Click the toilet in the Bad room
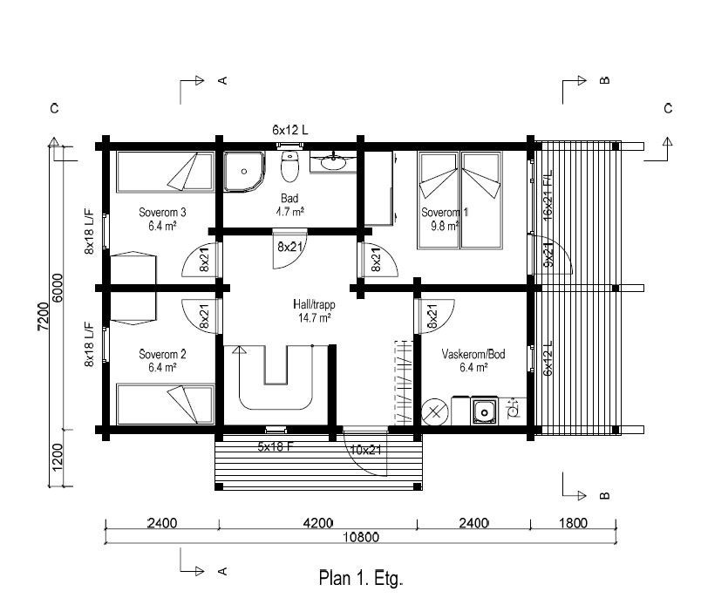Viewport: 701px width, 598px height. point(289,166)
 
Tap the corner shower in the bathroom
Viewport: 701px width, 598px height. point(243,171)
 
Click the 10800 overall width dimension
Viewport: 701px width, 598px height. point(361,537)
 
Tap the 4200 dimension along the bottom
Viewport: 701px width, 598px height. point(318,523)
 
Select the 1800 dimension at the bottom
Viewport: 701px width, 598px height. point(573,523)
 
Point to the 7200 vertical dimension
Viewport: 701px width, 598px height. point(43,317)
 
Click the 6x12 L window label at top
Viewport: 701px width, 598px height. point(290,130)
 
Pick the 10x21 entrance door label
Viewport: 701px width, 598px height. point(365,450)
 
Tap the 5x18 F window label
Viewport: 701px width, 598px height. point(276,446)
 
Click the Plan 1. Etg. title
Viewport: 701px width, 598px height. point(361,578)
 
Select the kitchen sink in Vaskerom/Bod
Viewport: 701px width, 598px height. point(484,411)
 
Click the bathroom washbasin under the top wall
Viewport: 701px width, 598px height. point(332,163)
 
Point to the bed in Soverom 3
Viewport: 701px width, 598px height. point(165,172)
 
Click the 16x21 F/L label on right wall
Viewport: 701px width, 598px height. point(548,195)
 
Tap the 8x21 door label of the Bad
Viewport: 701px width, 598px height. point(290,247)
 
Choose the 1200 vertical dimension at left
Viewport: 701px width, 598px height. point(58,457)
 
